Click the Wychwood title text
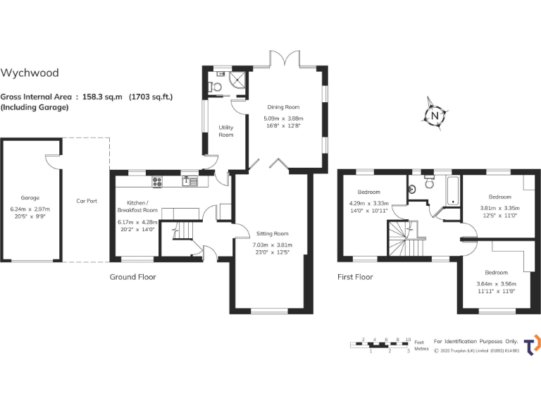30,73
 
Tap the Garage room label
30,198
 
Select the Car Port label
87,201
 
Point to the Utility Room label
225,131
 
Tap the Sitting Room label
272,233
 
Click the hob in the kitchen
157,181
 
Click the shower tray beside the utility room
239,78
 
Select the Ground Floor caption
132,277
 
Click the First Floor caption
355,277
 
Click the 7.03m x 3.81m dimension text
272,245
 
